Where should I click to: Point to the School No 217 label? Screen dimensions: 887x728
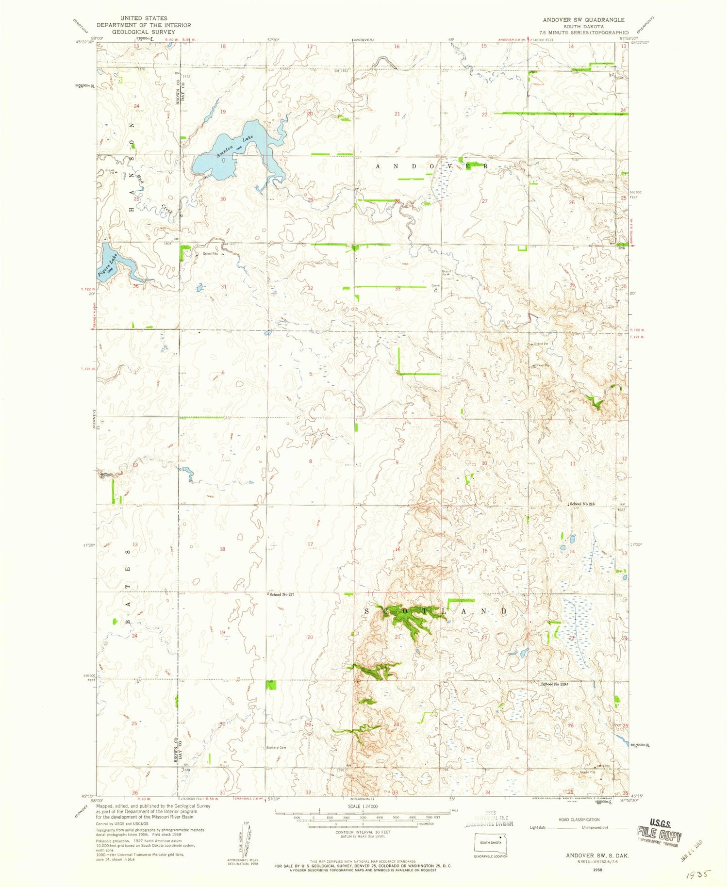[x=281, y=594]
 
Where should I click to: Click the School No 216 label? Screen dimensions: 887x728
[x=582, y=504]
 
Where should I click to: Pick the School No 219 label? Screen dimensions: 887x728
[x=554, y=684]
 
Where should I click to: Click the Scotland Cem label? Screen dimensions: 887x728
[x=276, y=747]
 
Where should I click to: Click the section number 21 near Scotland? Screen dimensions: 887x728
[x=397, y=637]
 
